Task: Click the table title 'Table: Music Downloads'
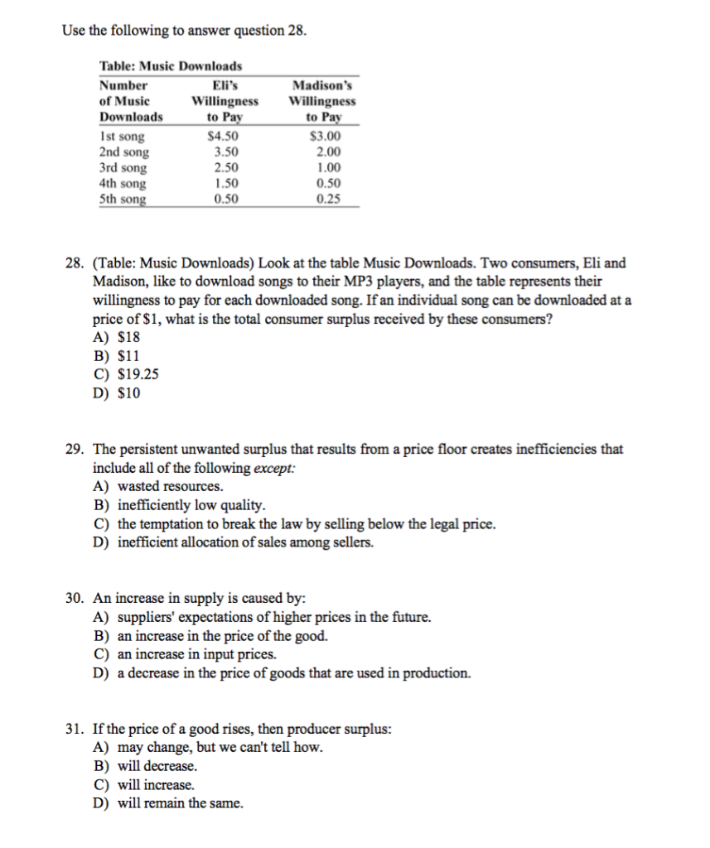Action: click(x=171, y=66)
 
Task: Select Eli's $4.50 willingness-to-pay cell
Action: click(x=224, y=137)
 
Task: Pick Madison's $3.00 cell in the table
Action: click(x=324, y=137)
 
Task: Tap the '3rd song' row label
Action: click(x=122, y=168)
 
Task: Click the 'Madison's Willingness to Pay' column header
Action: click(x=322, y=101)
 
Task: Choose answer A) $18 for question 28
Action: click(x=117, y=338)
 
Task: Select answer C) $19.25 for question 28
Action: click(x=127, y=374)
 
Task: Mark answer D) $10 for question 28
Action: click(x=117, y=393)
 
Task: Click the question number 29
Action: click(x=75, y=450)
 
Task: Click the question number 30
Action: click(x=75, y=598)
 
